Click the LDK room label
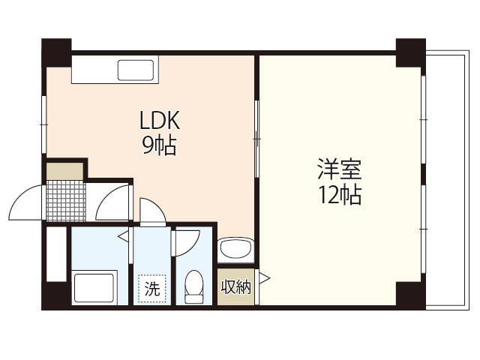[159, 121]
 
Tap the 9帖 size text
[159, 145]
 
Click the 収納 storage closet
[235, 286]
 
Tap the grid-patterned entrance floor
[65, 200]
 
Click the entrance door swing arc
[26, 200]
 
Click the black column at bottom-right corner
[410, 294]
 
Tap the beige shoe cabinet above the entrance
[65, 171]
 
